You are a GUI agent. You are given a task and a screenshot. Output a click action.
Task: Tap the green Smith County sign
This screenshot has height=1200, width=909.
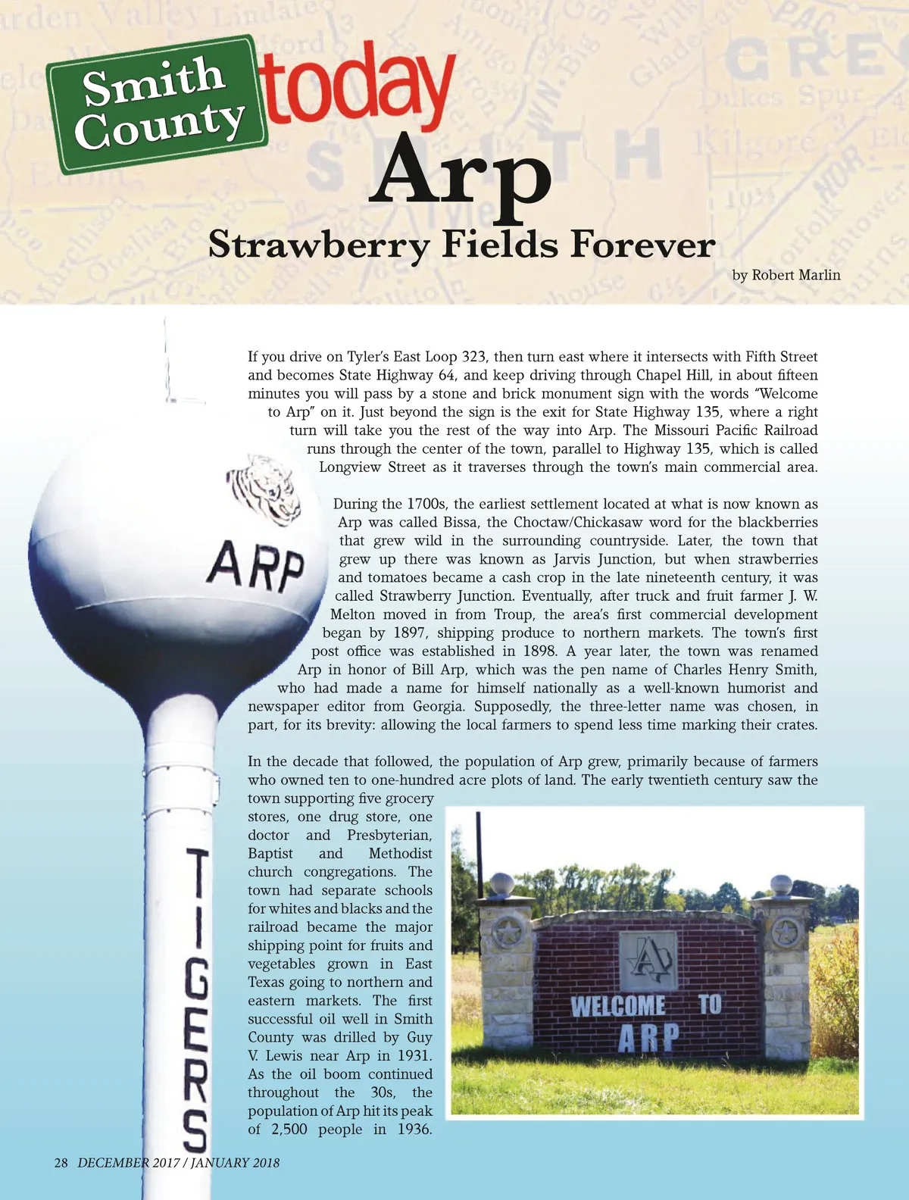158,104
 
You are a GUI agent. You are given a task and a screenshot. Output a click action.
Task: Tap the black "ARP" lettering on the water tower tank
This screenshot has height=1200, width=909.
257,567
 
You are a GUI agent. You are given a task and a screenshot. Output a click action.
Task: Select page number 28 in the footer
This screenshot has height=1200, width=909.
61,1162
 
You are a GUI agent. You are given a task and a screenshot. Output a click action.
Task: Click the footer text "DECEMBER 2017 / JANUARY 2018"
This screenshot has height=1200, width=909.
178,1162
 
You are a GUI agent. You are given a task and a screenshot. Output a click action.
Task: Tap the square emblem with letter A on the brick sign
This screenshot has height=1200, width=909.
648,961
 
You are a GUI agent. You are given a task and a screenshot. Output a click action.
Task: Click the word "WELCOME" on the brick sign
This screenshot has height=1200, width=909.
618,1006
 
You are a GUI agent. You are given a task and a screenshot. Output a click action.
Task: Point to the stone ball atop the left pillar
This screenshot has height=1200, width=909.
503,884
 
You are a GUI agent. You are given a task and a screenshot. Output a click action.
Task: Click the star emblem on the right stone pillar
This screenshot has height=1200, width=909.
786,934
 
